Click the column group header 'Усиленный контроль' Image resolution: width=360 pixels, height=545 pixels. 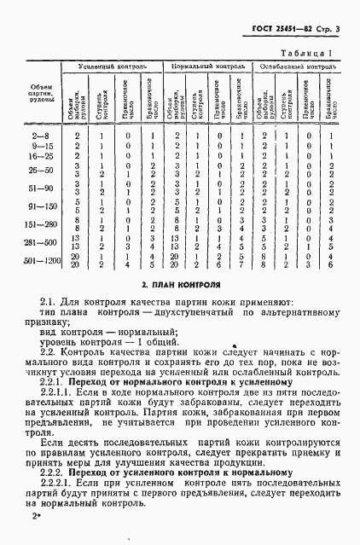click(114, 66)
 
